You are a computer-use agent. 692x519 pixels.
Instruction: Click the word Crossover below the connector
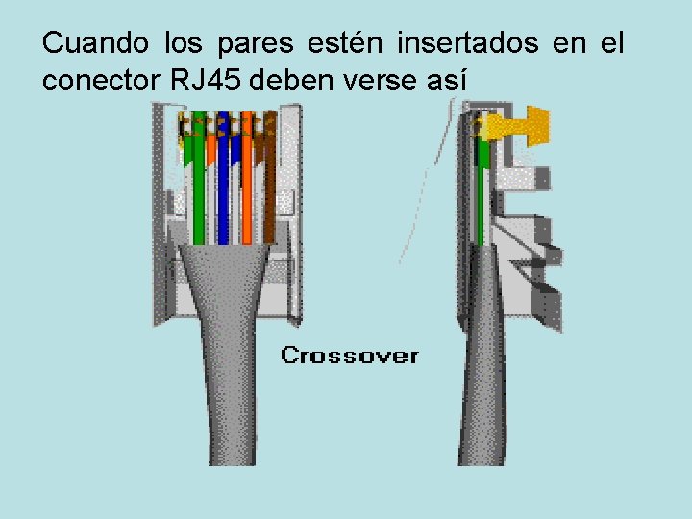[349, 356]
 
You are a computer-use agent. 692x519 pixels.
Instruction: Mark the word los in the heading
[185, 43]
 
